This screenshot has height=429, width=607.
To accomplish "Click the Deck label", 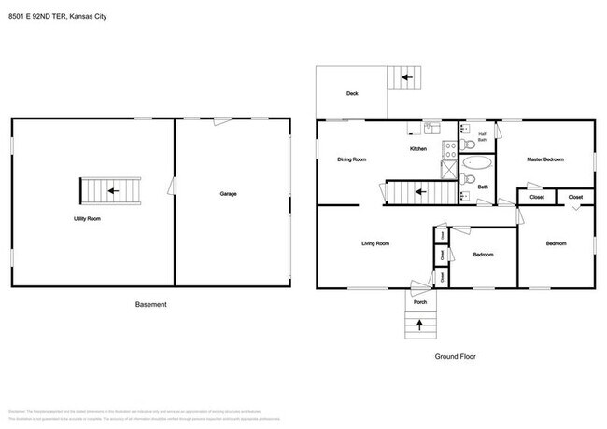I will click(352, 93).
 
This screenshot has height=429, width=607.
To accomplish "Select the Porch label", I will click(420, 300).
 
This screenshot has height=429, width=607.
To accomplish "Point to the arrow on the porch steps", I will click(419, 325).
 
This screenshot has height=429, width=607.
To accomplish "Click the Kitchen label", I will click(418, 149).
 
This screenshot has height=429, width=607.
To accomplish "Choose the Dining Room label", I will click(352, 159).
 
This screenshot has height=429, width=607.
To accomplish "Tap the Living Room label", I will click(375, 243).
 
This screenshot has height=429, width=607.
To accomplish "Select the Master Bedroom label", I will click(545, 159).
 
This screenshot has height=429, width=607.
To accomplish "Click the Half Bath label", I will click(482, 137).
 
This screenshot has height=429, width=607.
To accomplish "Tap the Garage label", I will click(228, 194).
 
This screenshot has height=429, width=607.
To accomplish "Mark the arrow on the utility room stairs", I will click(112, 192).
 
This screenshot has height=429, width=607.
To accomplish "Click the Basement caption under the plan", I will click(151, 305).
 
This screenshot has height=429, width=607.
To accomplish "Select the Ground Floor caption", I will click(455, 357).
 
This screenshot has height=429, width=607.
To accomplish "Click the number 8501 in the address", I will click(16, 15).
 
